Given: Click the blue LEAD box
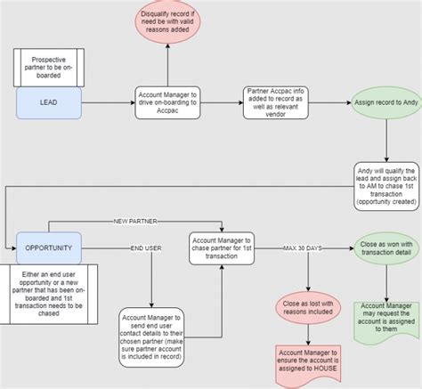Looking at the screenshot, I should click(49, 102).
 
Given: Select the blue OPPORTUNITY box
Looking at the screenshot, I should click(49, 247).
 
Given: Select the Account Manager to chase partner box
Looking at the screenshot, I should click(221, 247).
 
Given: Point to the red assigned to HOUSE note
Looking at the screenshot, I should click(309, 361).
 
